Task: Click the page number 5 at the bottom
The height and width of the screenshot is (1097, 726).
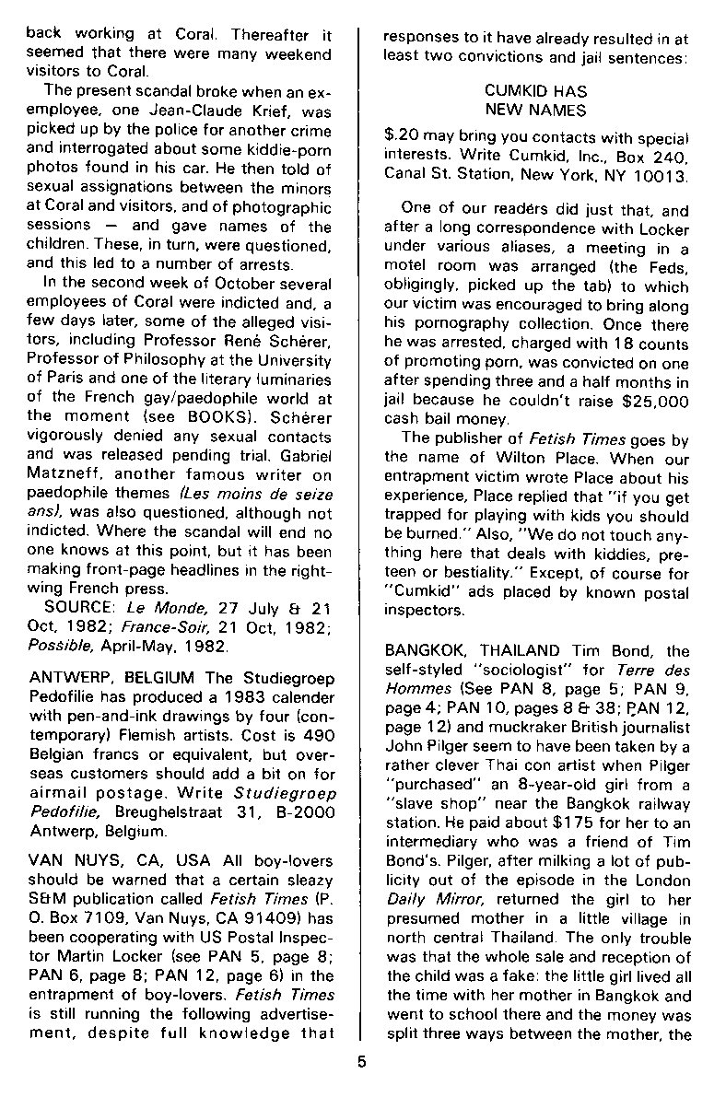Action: click(x=362, y=1060)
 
